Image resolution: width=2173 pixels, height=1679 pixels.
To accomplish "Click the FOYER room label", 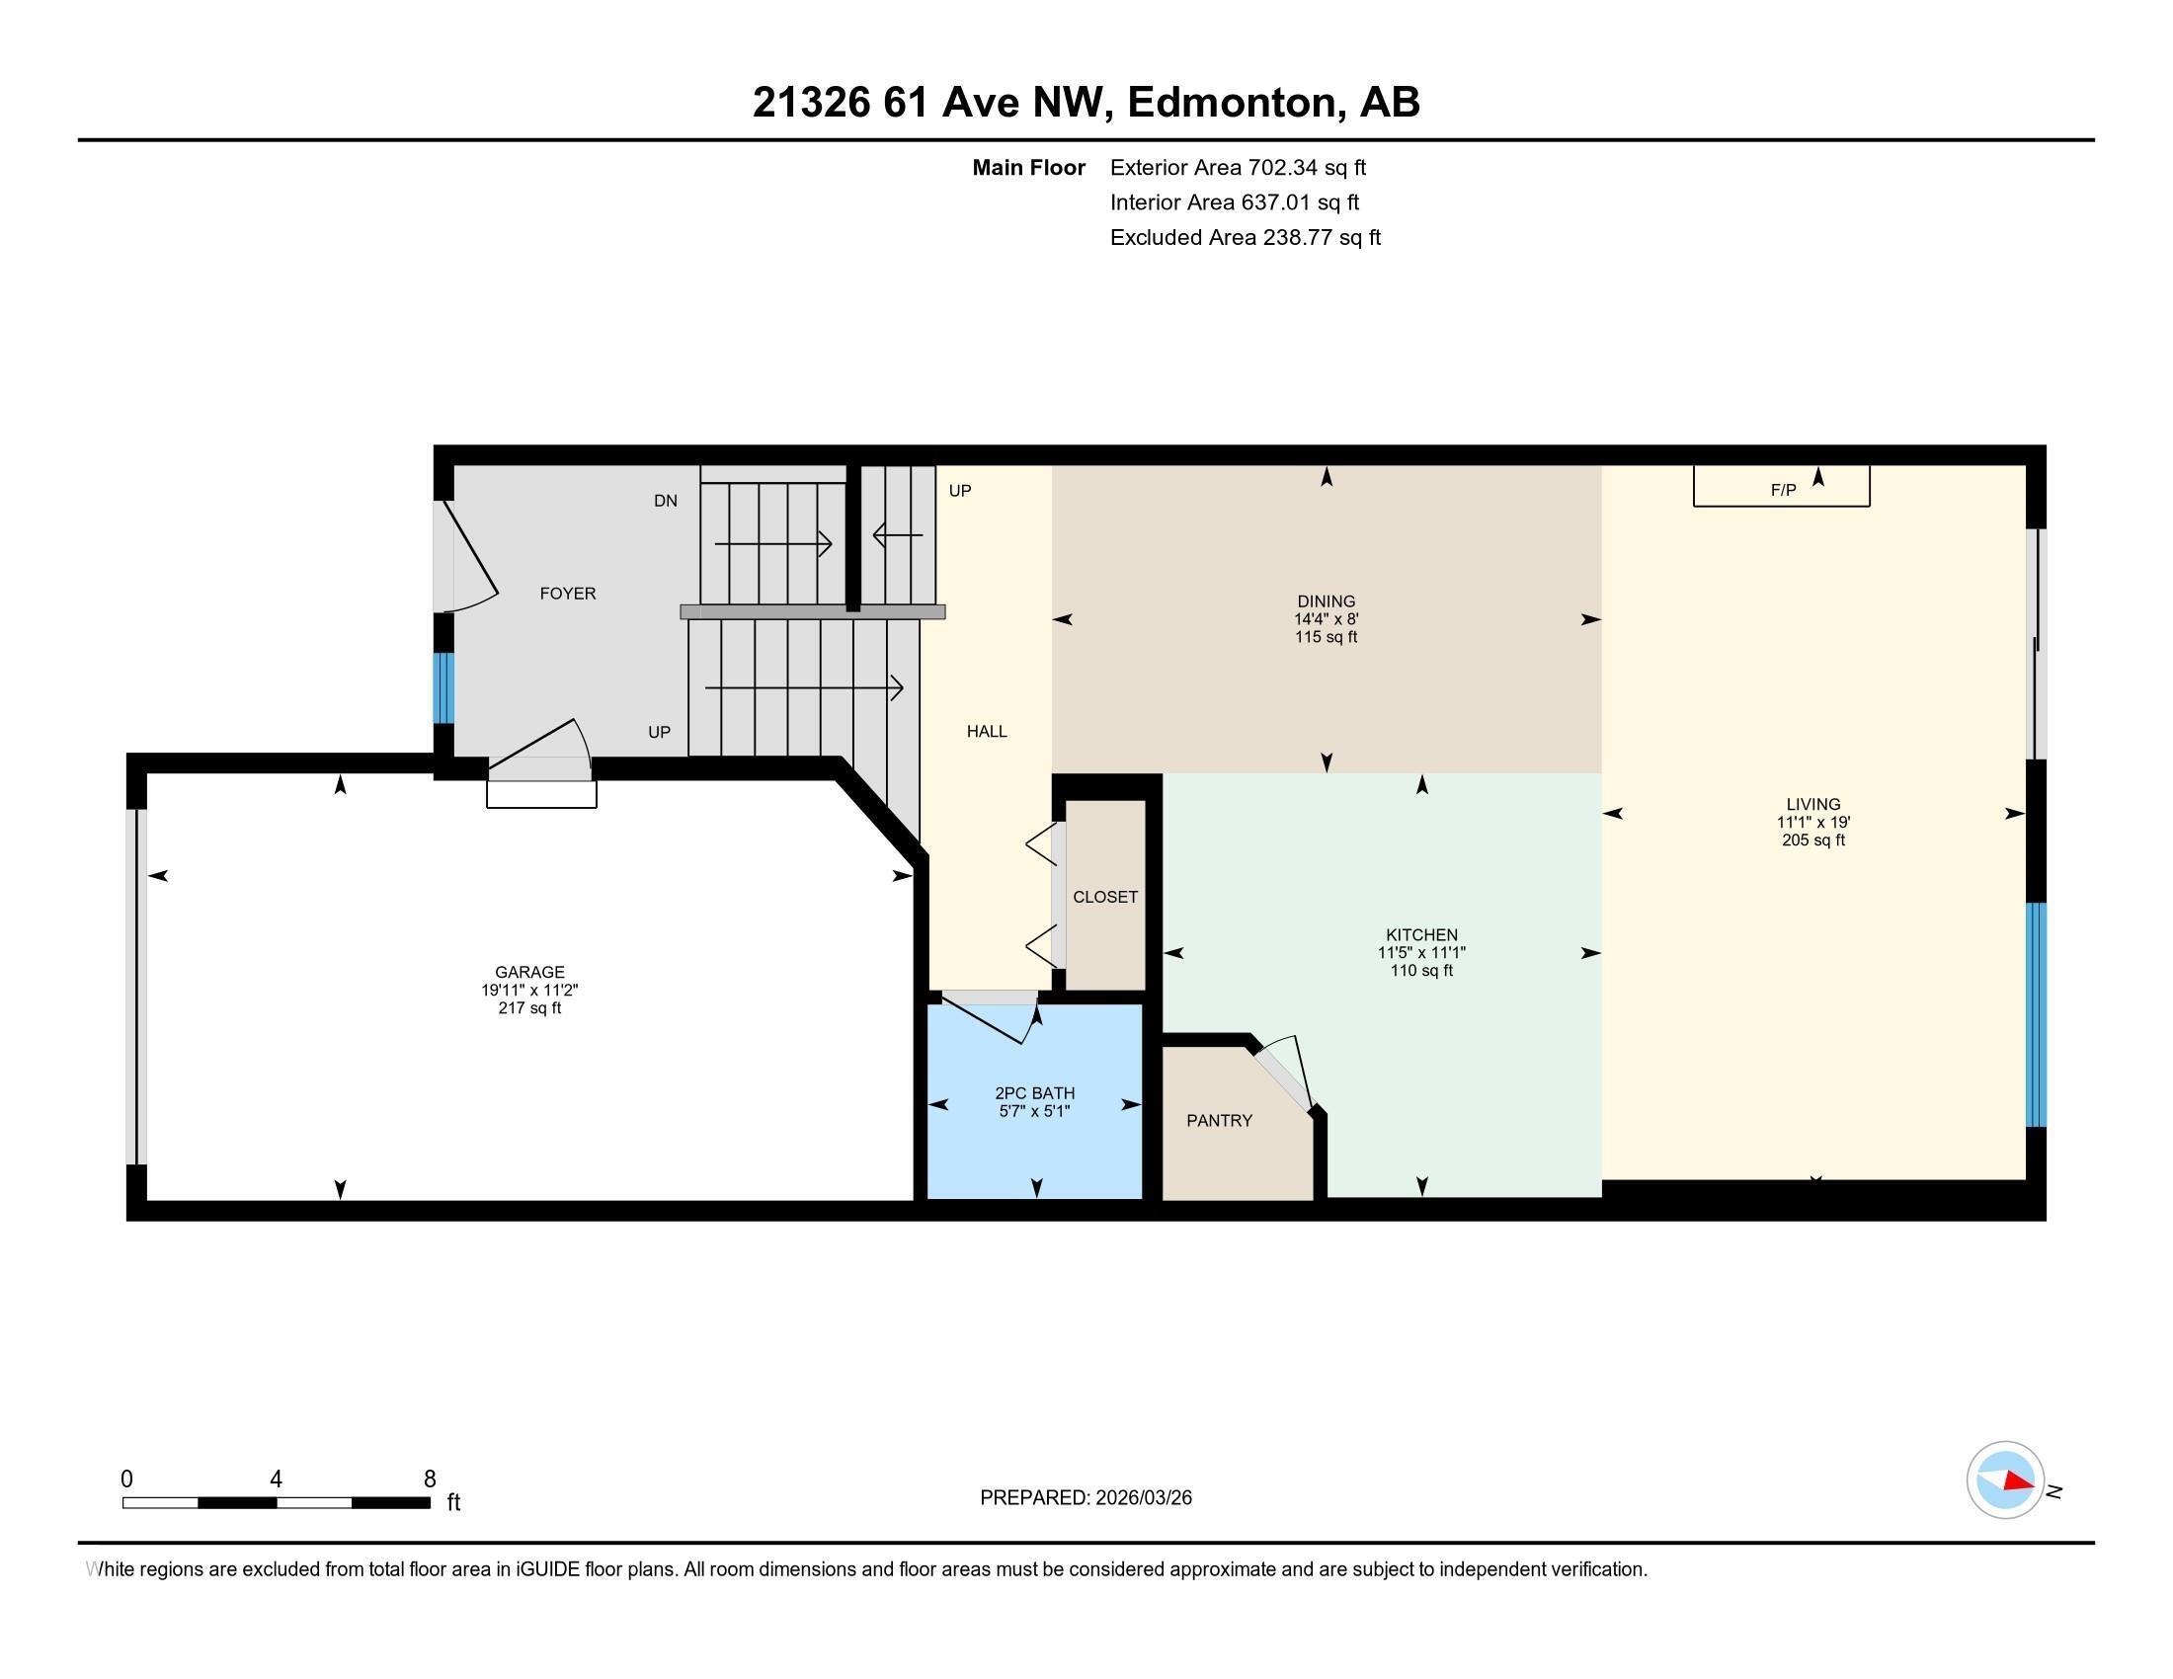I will coord(567,594).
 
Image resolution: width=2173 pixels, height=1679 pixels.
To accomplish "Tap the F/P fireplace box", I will coord(1781,488).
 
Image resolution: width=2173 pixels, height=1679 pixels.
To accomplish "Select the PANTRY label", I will coord(1219,1121).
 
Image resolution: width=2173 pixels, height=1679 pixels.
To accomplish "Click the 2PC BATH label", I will coord(1035,1093).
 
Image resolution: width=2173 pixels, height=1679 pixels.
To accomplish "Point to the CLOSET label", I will coord(1104,897).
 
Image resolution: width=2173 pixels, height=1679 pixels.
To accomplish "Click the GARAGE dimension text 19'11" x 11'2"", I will coord(529,991).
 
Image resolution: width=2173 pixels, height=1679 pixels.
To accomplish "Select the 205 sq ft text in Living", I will coord(1812,840).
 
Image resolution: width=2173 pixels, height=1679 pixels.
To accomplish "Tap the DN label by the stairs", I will coord(666,502).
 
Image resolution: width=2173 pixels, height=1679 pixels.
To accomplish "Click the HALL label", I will coord(987,732).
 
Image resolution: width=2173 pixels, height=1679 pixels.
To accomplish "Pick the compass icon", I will coord(2005,1480).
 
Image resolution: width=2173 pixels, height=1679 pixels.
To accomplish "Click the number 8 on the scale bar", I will coord(430,1479).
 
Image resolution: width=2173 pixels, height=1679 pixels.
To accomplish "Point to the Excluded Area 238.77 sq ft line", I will coord(1245,238).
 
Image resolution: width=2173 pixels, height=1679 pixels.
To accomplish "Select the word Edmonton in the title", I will coord(1232,103).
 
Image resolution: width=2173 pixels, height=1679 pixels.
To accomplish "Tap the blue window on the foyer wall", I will coord(443,687).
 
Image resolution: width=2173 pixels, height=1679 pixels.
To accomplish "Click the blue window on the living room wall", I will coord(2036,1014).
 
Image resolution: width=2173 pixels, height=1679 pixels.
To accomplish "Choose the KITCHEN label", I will coord(1420,935).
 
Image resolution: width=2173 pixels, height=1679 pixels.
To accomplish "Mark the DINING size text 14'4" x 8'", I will coord(1326,619).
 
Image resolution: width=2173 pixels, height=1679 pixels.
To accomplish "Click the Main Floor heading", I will coord(1028,168).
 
